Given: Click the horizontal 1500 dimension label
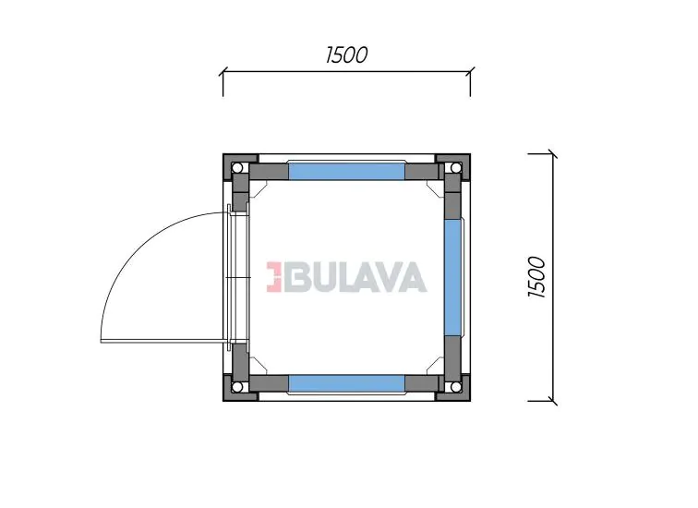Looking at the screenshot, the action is [347, 54].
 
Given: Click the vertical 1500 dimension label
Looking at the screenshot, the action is [536, 277].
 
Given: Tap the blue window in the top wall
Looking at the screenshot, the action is [347, 172].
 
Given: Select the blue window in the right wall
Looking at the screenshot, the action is [452, 278].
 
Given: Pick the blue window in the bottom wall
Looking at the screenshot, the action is [347, 383].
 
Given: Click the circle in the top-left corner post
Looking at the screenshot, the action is [237, 168].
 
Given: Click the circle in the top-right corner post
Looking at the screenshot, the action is [455, 168].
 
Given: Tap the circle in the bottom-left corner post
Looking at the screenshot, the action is [237, 386].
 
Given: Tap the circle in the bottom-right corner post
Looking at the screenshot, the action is [455, 386].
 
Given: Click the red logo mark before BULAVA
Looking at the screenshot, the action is [274, 277].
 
